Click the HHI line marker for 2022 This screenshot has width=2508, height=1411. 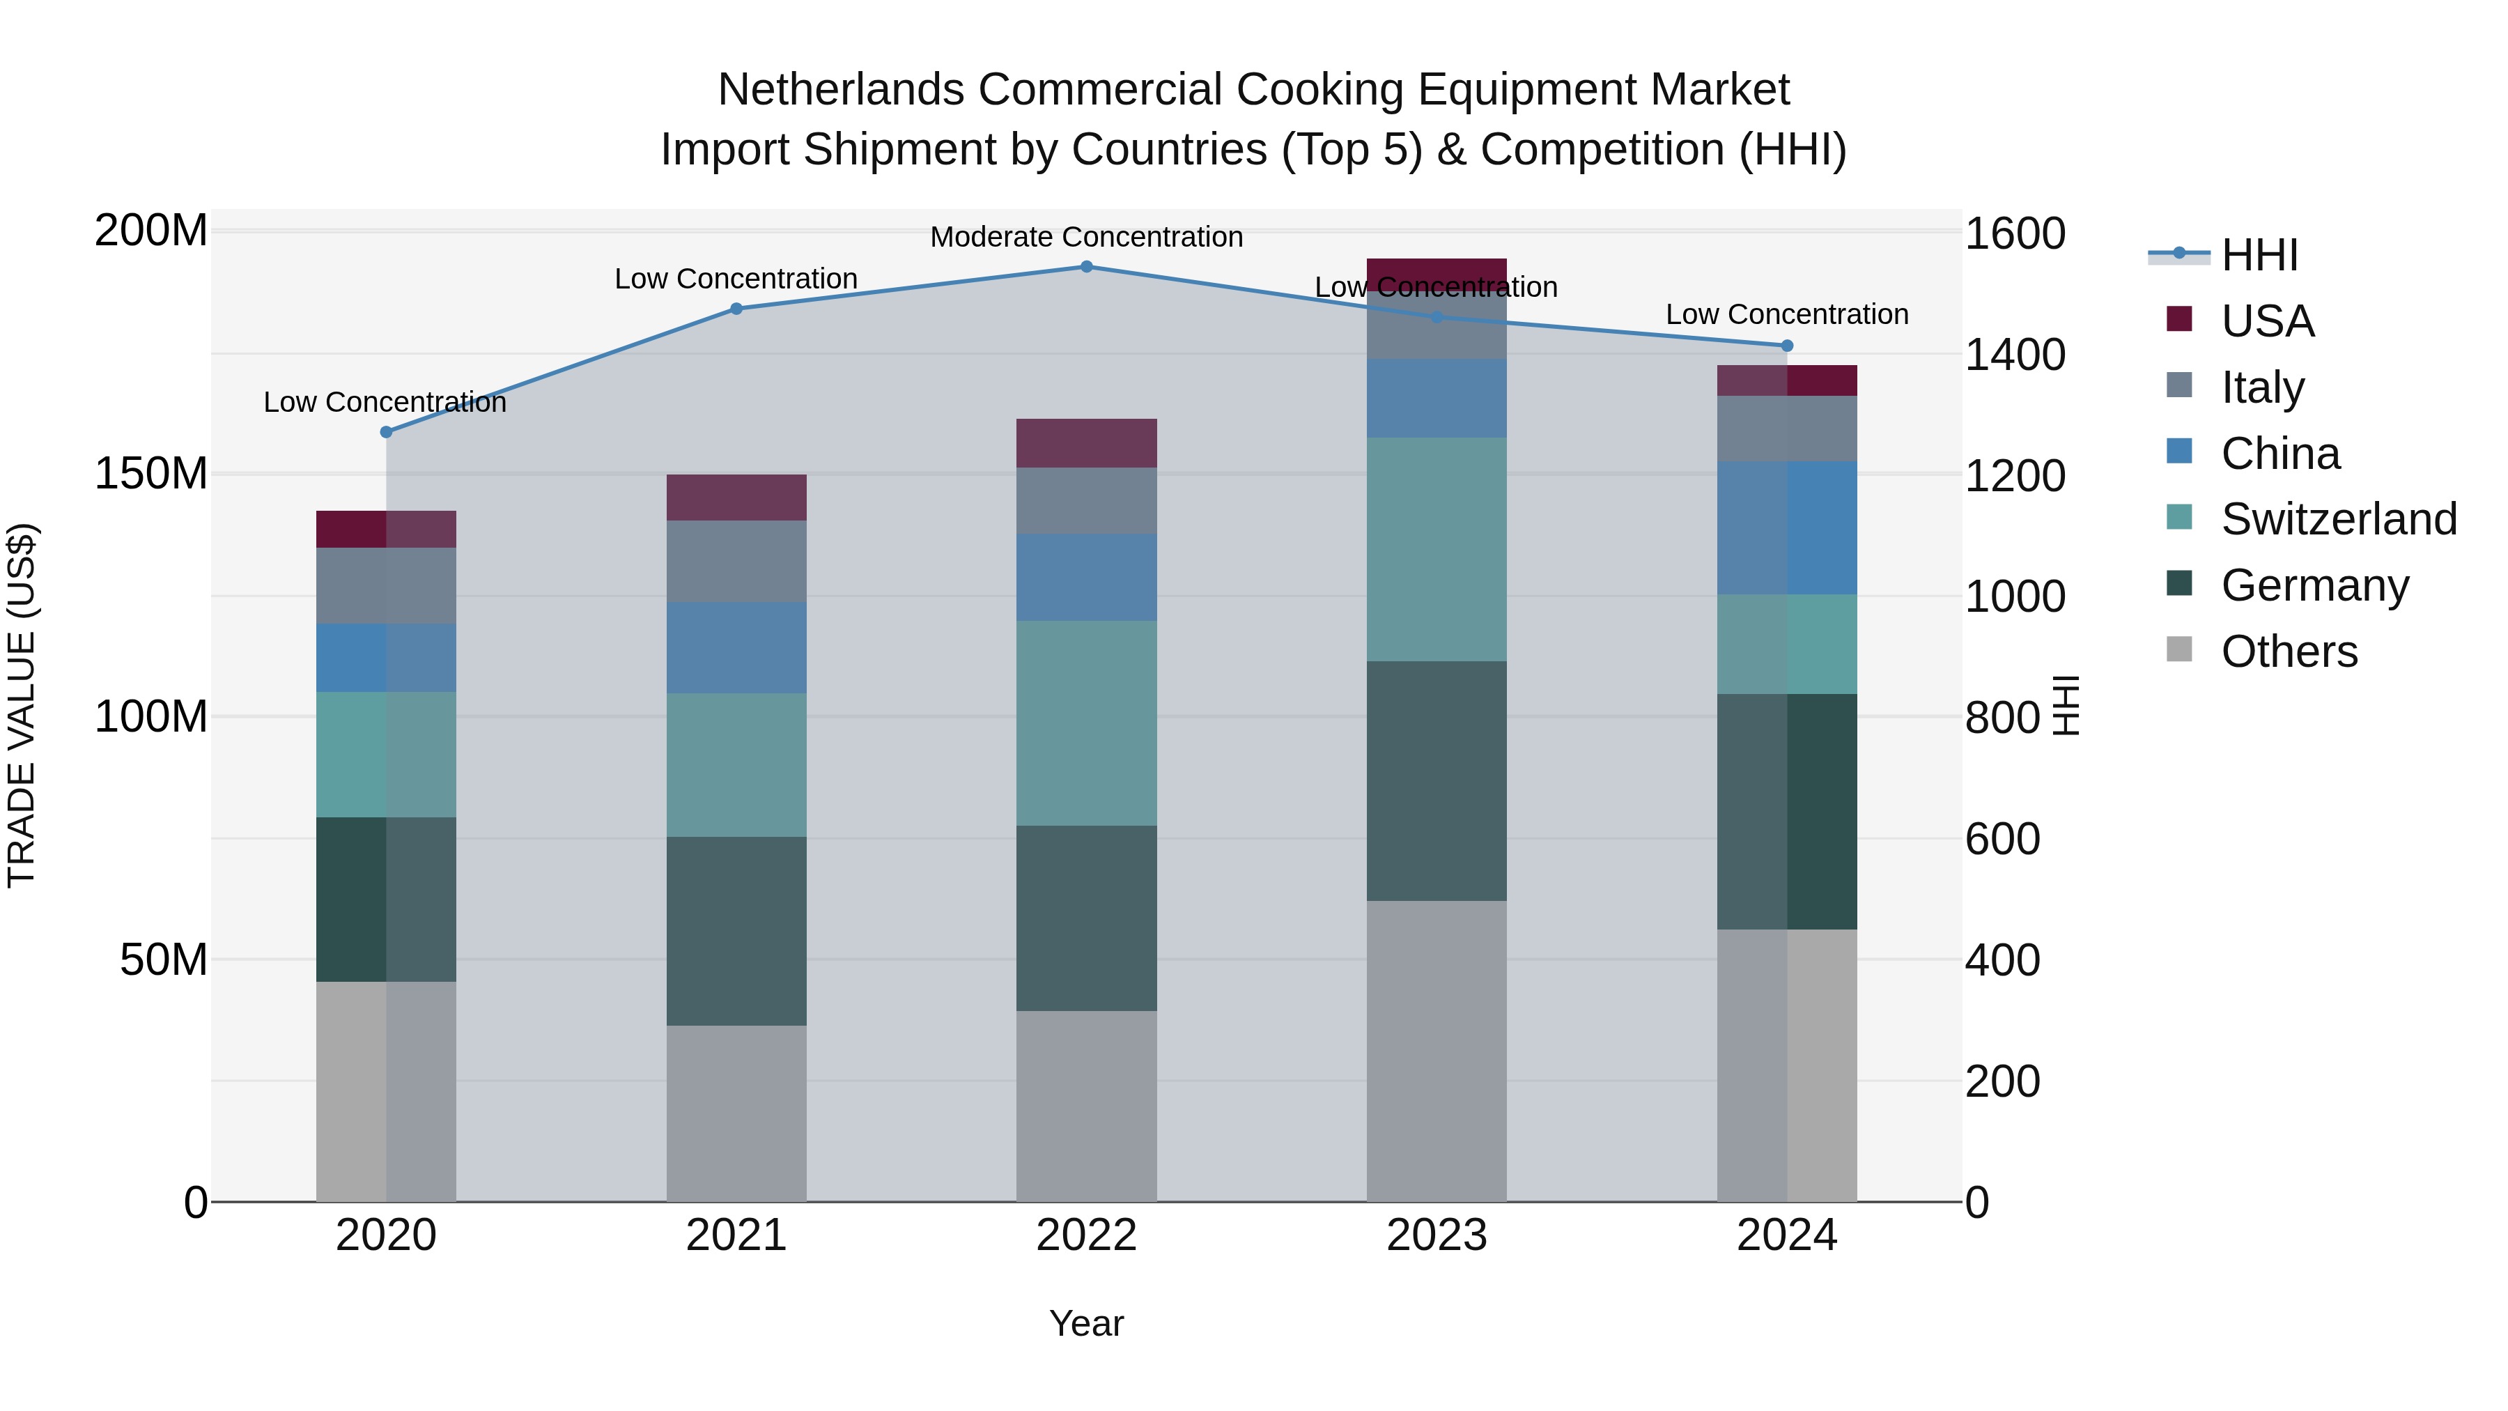1087,267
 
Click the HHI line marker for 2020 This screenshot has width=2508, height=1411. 387,431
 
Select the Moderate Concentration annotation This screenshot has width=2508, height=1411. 1087,237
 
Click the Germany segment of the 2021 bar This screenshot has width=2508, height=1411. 736,930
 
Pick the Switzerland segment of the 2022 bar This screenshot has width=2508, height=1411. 1087,723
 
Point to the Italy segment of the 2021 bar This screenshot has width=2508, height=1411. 736,561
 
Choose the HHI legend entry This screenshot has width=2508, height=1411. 2259,255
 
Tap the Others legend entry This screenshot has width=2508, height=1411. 2288,651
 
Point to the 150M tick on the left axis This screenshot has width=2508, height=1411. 151,475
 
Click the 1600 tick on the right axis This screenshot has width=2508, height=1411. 2013,233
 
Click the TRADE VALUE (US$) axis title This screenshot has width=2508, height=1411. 22,705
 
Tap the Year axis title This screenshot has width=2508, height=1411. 1087,1323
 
